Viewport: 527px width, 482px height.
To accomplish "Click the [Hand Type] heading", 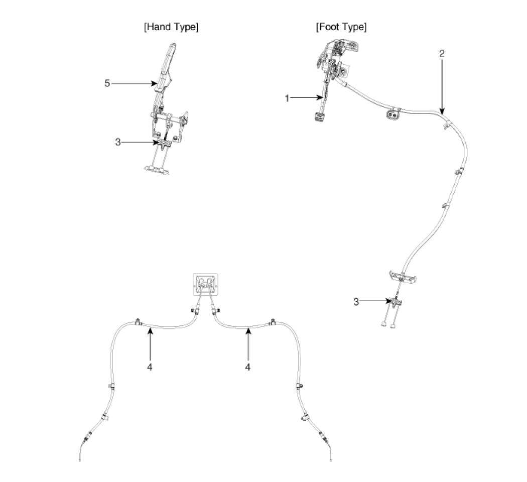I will (x=171, y=27).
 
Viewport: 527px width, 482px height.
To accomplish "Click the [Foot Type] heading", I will (x=341, y=27).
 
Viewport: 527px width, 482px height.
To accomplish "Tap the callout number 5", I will (x=107, y=83).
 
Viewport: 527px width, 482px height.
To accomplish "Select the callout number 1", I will (x=287, y=98).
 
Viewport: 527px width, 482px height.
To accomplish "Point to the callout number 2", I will (x=442, y=54).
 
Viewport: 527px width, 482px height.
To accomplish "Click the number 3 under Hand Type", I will (x=118, y=142).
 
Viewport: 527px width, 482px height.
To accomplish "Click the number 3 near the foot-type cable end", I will (x=356, y=302).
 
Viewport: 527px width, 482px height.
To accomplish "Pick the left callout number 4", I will (x=150, y=367).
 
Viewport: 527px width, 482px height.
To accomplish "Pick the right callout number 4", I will (x=247, y=367).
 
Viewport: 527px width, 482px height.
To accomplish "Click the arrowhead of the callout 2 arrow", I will (x=442, y=111).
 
